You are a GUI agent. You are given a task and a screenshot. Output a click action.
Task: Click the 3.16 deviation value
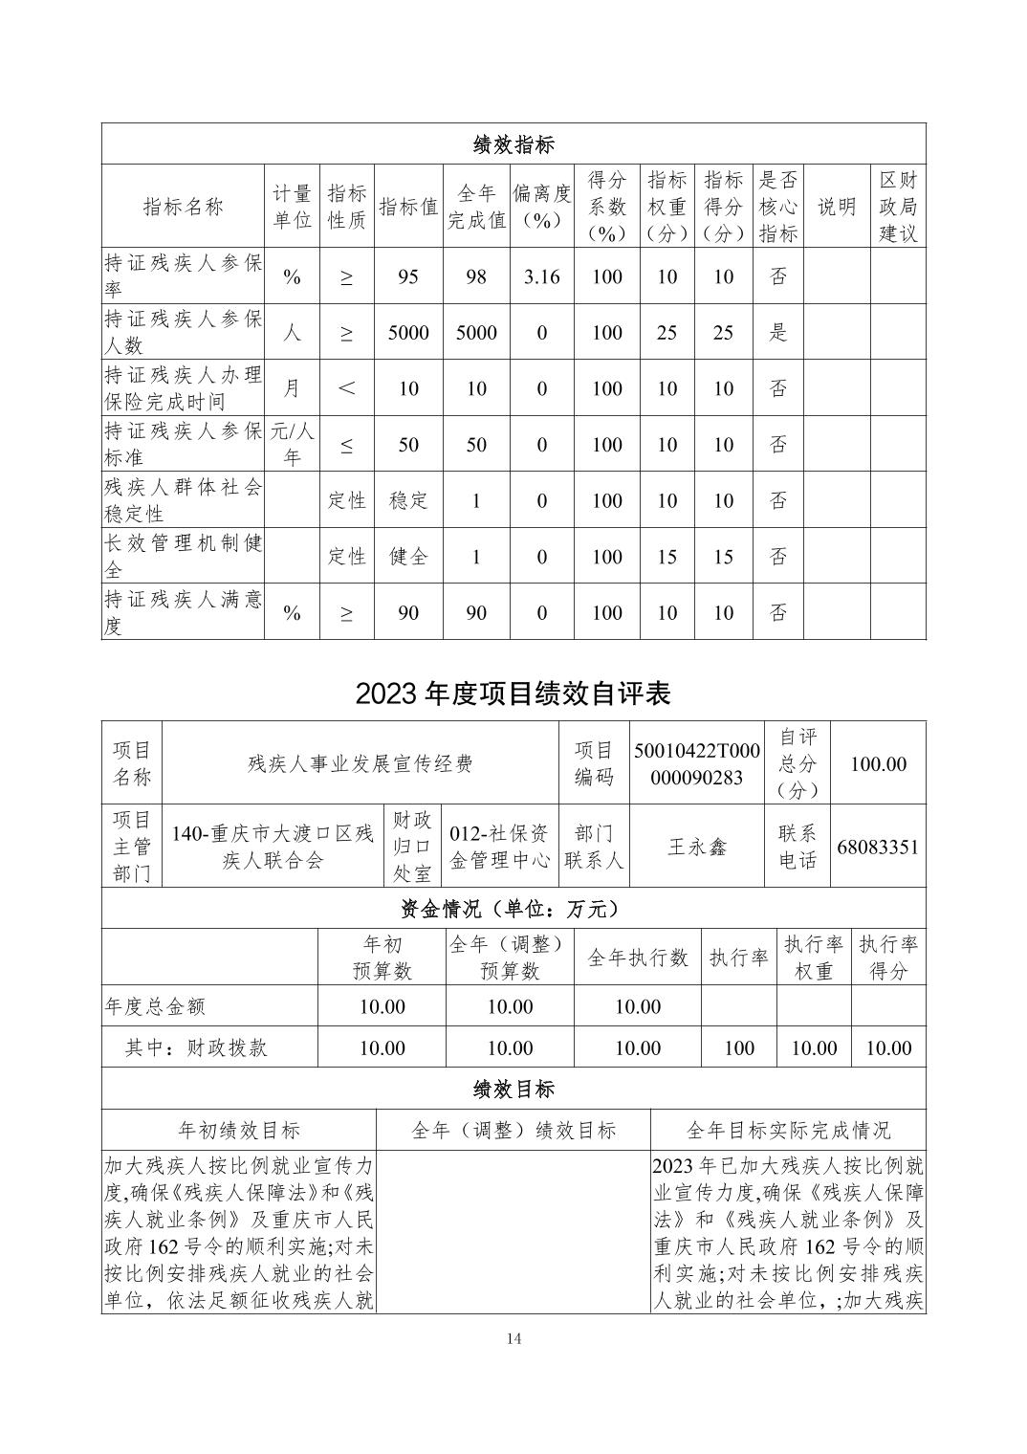tap(541, 277)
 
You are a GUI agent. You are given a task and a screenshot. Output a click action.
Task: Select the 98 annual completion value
tap(475, 277)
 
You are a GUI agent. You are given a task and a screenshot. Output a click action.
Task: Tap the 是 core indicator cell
tap(778, 333)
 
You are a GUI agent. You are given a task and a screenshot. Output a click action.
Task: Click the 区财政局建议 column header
tap(898, 207)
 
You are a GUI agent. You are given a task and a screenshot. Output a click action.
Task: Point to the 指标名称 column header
tap(183, 207)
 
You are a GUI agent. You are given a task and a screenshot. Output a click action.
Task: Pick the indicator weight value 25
tap(666, 333)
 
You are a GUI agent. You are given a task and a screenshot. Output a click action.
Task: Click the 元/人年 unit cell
tap(292, 445)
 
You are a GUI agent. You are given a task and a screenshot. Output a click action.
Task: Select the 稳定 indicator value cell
tap(408, 500)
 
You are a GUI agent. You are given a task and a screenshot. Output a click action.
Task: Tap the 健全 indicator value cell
tap(408, 557)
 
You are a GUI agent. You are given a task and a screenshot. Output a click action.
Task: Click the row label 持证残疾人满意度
tap(183, 612)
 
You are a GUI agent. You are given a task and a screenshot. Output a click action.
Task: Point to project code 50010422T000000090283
tap(696, 764)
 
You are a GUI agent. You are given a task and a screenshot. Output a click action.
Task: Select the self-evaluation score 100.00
tap(878, 764)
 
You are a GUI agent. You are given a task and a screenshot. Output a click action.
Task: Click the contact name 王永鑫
tap(696, 847)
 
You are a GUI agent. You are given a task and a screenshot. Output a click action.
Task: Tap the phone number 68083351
tap(877, 847)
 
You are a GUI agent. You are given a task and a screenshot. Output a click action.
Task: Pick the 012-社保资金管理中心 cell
tap(500, 847)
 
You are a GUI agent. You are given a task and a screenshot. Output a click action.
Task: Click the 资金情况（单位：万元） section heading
tap(513, 908)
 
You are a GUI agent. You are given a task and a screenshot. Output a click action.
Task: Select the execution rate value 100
tap(738, 1048)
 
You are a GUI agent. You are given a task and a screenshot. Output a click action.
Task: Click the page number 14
tap(513, 1338)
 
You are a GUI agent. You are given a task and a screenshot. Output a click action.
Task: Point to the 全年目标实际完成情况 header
tap(788, 1131)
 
